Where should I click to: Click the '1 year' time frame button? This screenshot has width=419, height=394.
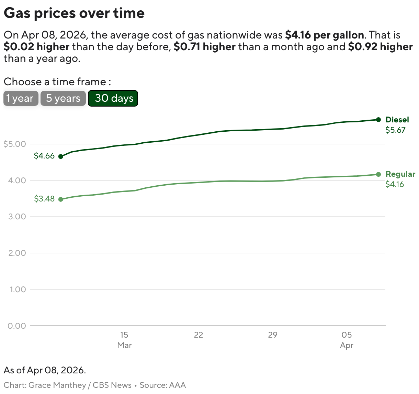[x=21, y=98]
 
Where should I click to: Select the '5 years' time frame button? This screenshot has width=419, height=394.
[x=63, y=98]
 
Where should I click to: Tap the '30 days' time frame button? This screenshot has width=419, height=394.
[x=113, y=98]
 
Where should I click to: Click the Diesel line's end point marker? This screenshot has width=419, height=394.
[x=378, y=120]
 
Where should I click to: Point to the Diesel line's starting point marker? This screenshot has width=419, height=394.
[x=61, y=156]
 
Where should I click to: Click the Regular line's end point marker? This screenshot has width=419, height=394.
[x=378, y=174]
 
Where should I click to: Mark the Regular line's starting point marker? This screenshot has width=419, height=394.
[x=61, y=199]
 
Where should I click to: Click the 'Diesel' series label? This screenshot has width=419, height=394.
[x=397, y=120]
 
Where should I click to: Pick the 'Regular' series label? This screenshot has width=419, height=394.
[x=400, y=174]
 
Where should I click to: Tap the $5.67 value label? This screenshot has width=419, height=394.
[x=395, y=130]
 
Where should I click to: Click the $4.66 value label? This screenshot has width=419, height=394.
[x=44, y=156]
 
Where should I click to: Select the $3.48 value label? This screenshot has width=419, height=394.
[x=44, y=199]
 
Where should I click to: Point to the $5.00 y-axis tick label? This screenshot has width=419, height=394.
[x=15, y=144]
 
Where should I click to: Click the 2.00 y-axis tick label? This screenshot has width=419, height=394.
[x=17, y=253]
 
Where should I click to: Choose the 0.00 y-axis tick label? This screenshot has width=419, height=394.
[x=17, y=326]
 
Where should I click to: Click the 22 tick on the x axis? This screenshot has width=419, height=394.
[x=199, y=335]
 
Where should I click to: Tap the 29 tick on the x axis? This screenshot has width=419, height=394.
[x=273, y=335]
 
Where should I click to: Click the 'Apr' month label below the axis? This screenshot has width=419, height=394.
[x=347, y=345]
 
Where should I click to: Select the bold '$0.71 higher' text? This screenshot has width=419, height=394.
[x=205, y=47]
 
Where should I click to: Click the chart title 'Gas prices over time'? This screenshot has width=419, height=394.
[x=74, y=13]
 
